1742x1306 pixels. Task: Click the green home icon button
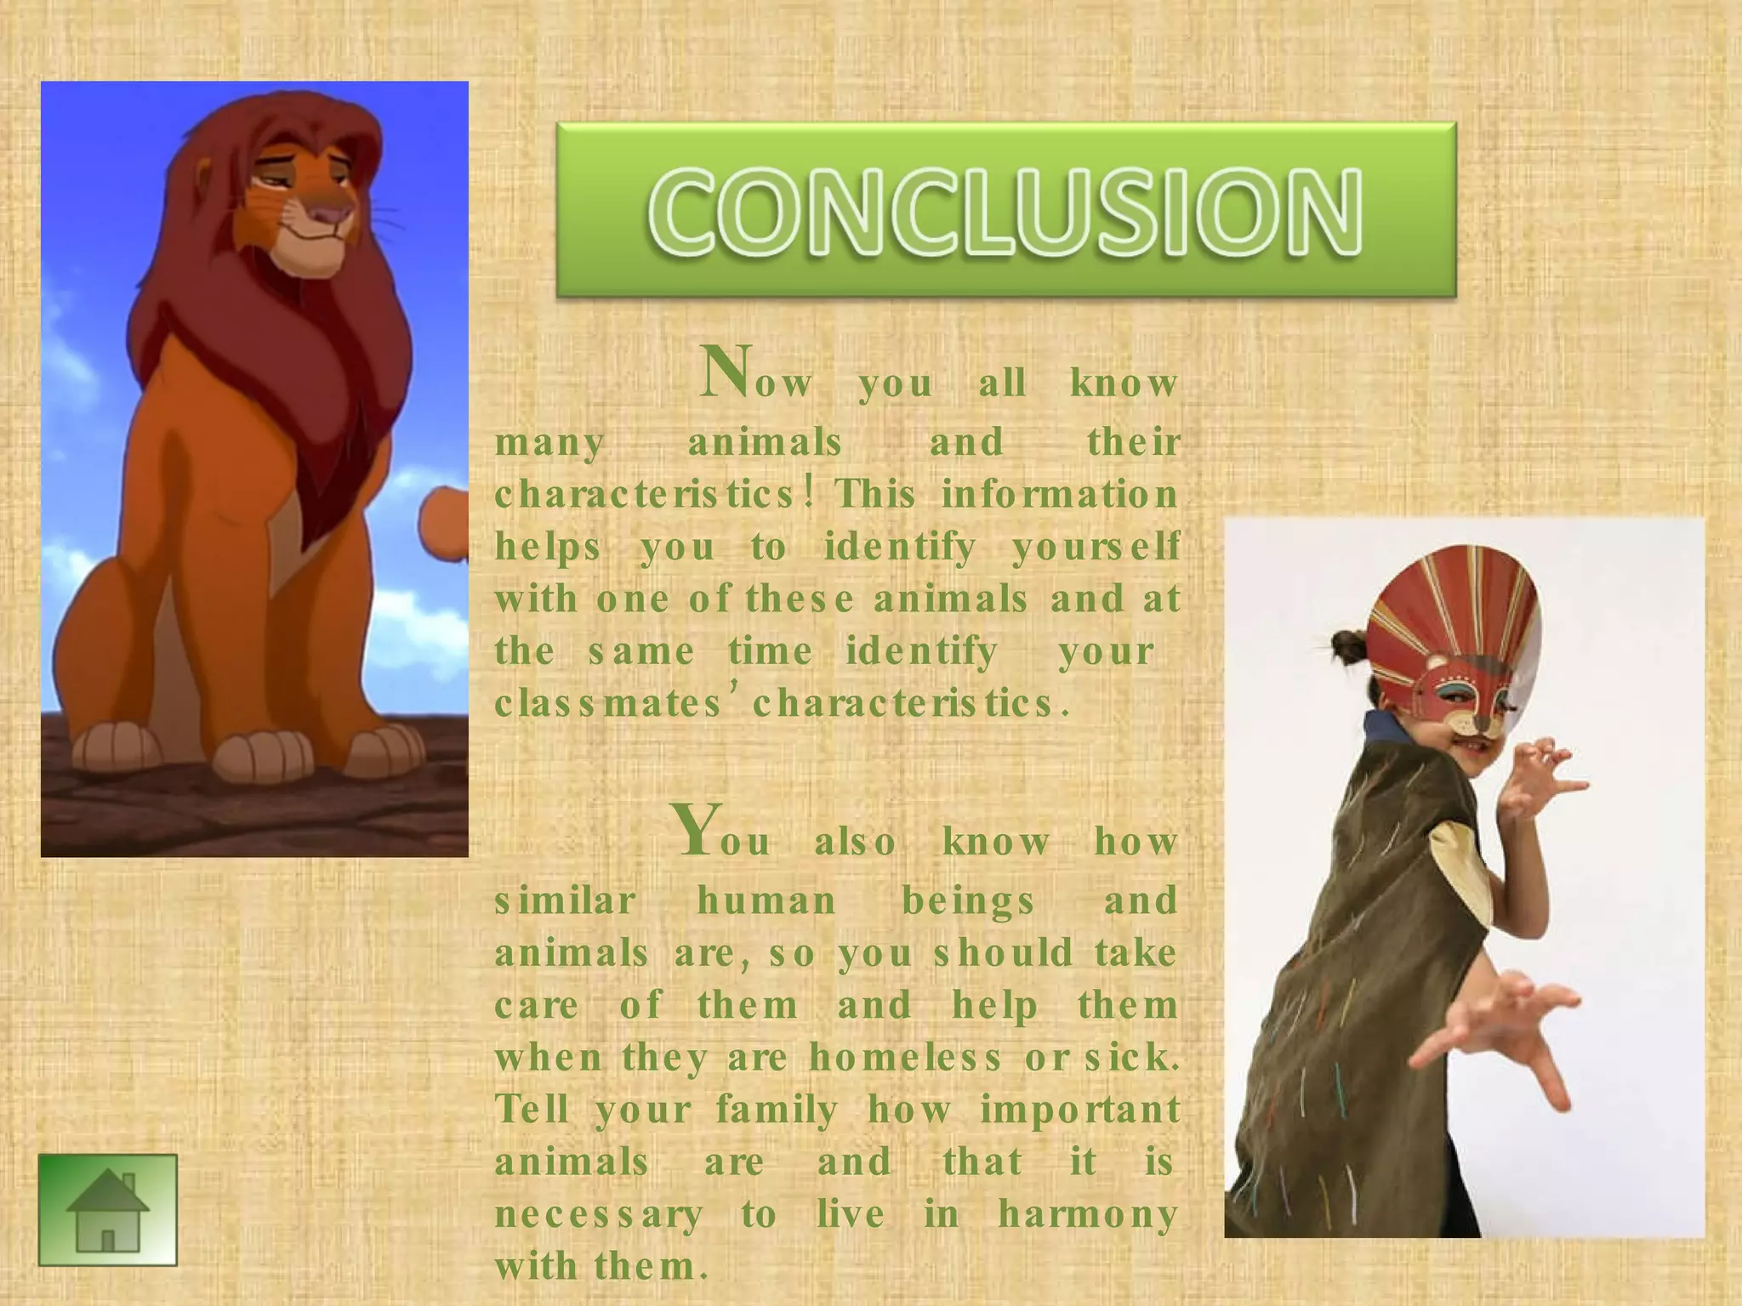[108, 1209]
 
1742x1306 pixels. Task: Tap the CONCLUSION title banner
[1005, 210]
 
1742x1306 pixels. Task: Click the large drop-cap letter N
[726, 373]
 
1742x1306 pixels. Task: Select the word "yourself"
[1096, 547]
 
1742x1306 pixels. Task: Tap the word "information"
[1059, 494]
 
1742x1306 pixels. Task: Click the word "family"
[777, 1110]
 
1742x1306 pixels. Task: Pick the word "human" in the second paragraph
[766, 900]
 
